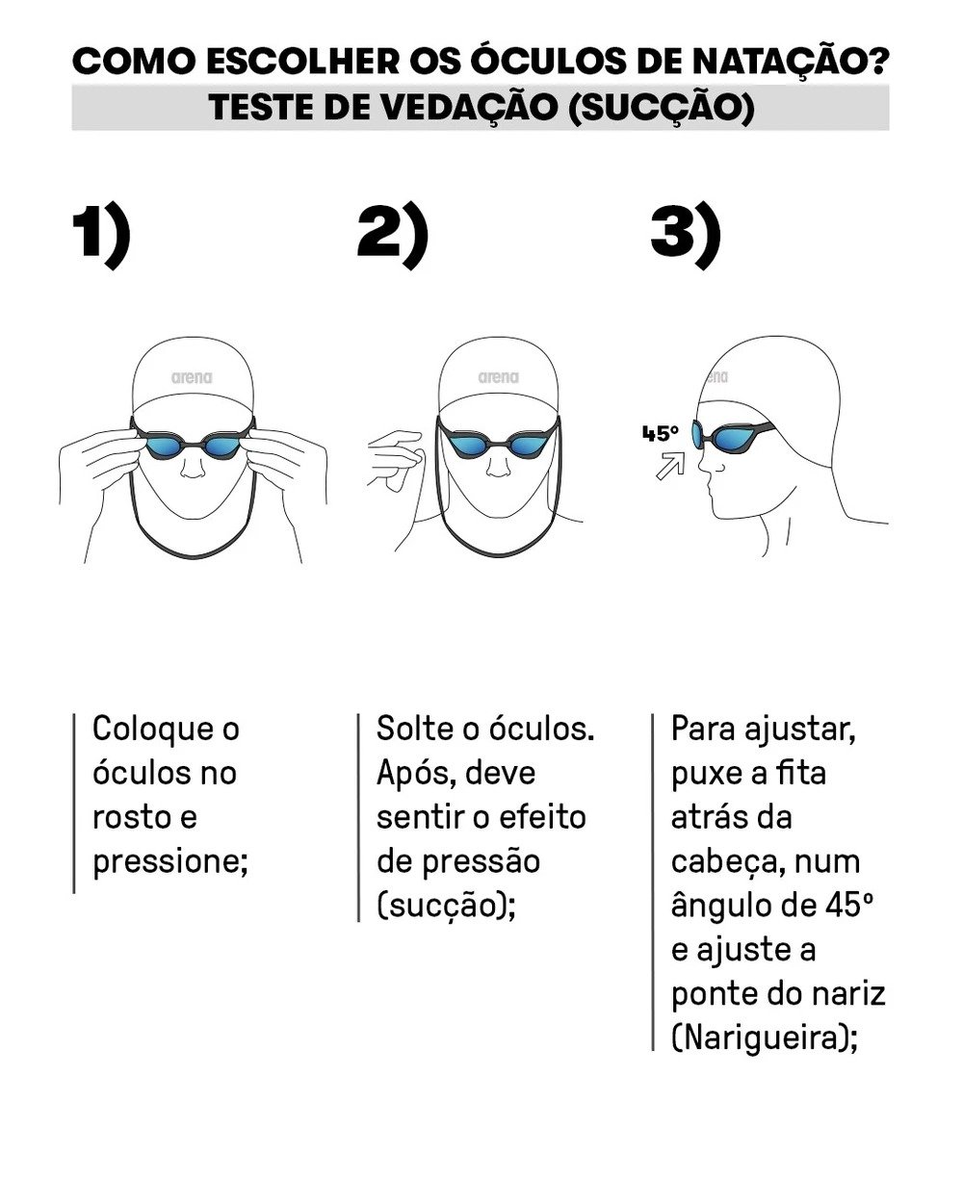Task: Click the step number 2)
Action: pyautogui.click(x=393, y=235)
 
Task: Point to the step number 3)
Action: pyautogui.click(x=686, y=235)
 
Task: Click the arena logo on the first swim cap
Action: pyautogui.click(x=192, y=378)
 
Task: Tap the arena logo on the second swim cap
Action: pyautogui.click(x=498, y=378)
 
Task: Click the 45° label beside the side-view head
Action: pyautogui.click(x=661, y=433)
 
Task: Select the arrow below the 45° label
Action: pyautogui.click(x=669, y=466)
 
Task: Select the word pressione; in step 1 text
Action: pyautogui.click(x=170, y=863)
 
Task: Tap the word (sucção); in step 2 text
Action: pyautogui.click(x=446, y=908)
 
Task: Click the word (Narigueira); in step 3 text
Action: pyautogui.click(x=765, y=1040)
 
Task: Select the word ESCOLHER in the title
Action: pyautogui.click(x=303, y=61)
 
